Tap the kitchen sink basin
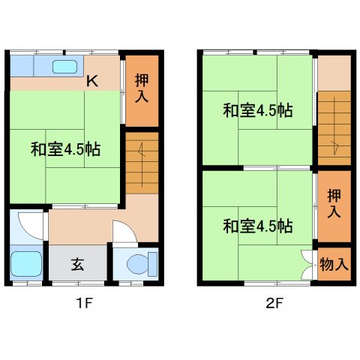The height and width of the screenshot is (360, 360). pos(65,67)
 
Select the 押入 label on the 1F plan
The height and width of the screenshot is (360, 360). pos(142,88)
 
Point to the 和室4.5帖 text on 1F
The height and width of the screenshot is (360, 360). pos(64,148)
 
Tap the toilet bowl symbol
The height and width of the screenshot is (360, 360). pos(138,264)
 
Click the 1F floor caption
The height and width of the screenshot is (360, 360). pos(82,304)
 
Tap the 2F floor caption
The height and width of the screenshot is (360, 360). pos(273,304)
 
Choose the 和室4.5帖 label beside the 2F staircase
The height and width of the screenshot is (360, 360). pos(256,111)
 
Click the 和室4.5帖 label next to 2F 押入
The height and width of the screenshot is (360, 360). pos(256,225)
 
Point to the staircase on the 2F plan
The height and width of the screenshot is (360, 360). pos(333,127)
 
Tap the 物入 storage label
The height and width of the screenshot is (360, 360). pos(334,264)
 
